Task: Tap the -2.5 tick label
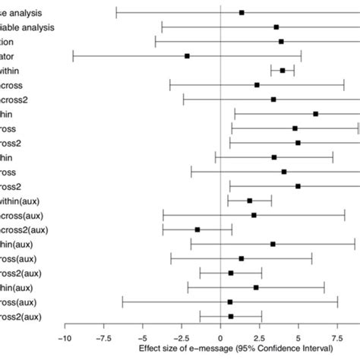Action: [x=181, y=339]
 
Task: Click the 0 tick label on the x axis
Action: [x=220, y=339]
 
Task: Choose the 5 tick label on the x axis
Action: [x=298, y=339]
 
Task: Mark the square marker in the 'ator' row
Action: [x=187, y=56]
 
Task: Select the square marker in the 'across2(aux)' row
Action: [x=197, y=229]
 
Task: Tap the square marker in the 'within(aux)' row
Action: [x=250, y=201]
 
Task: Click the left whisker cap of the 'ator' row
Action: [x=73, y=56]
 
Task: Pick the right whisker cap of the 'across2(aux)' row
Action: [x=232, y=229]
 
